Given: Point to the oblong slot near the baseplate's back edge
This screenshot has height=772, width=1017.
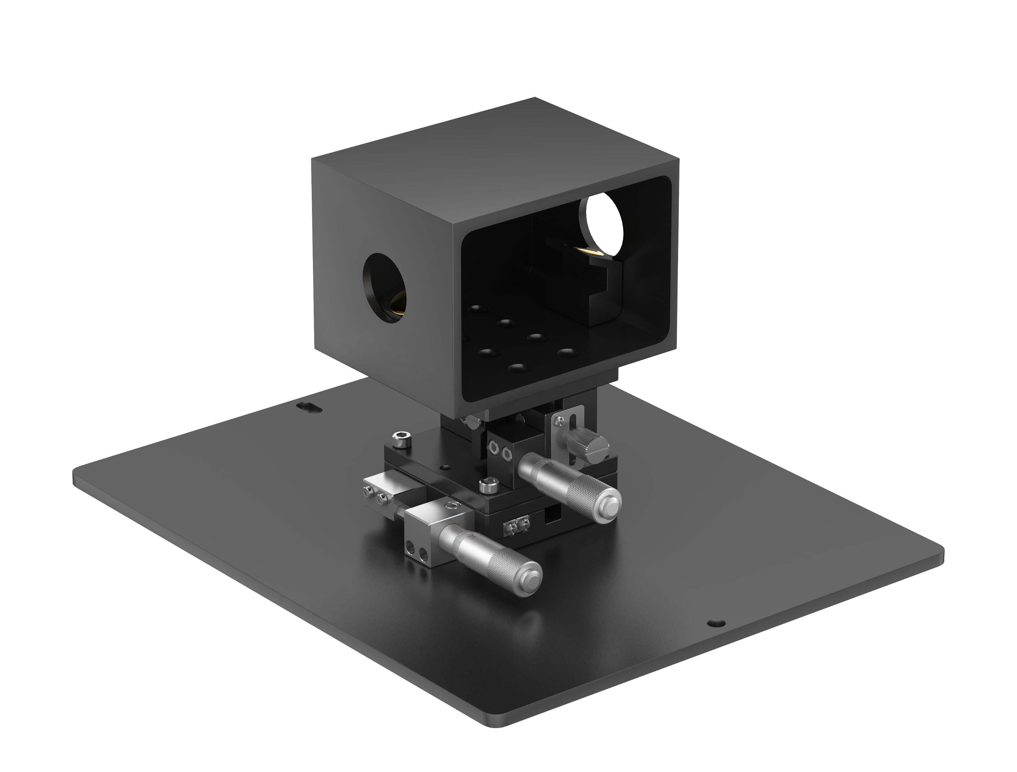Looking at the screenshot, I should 309,407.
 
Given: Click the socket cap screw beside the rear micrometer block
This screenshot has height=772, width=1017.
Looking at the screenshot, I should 486,484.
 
